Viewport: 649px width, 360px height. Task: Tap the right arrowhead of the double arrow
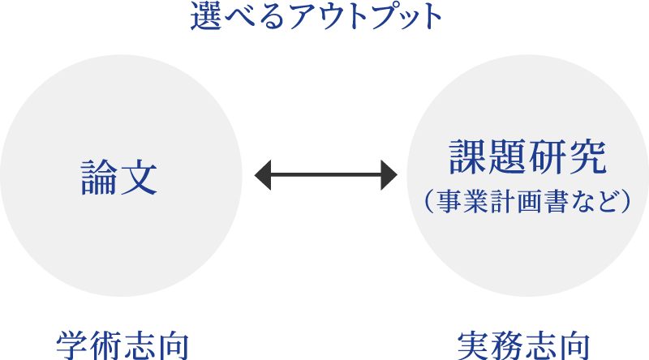[389, 175]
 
